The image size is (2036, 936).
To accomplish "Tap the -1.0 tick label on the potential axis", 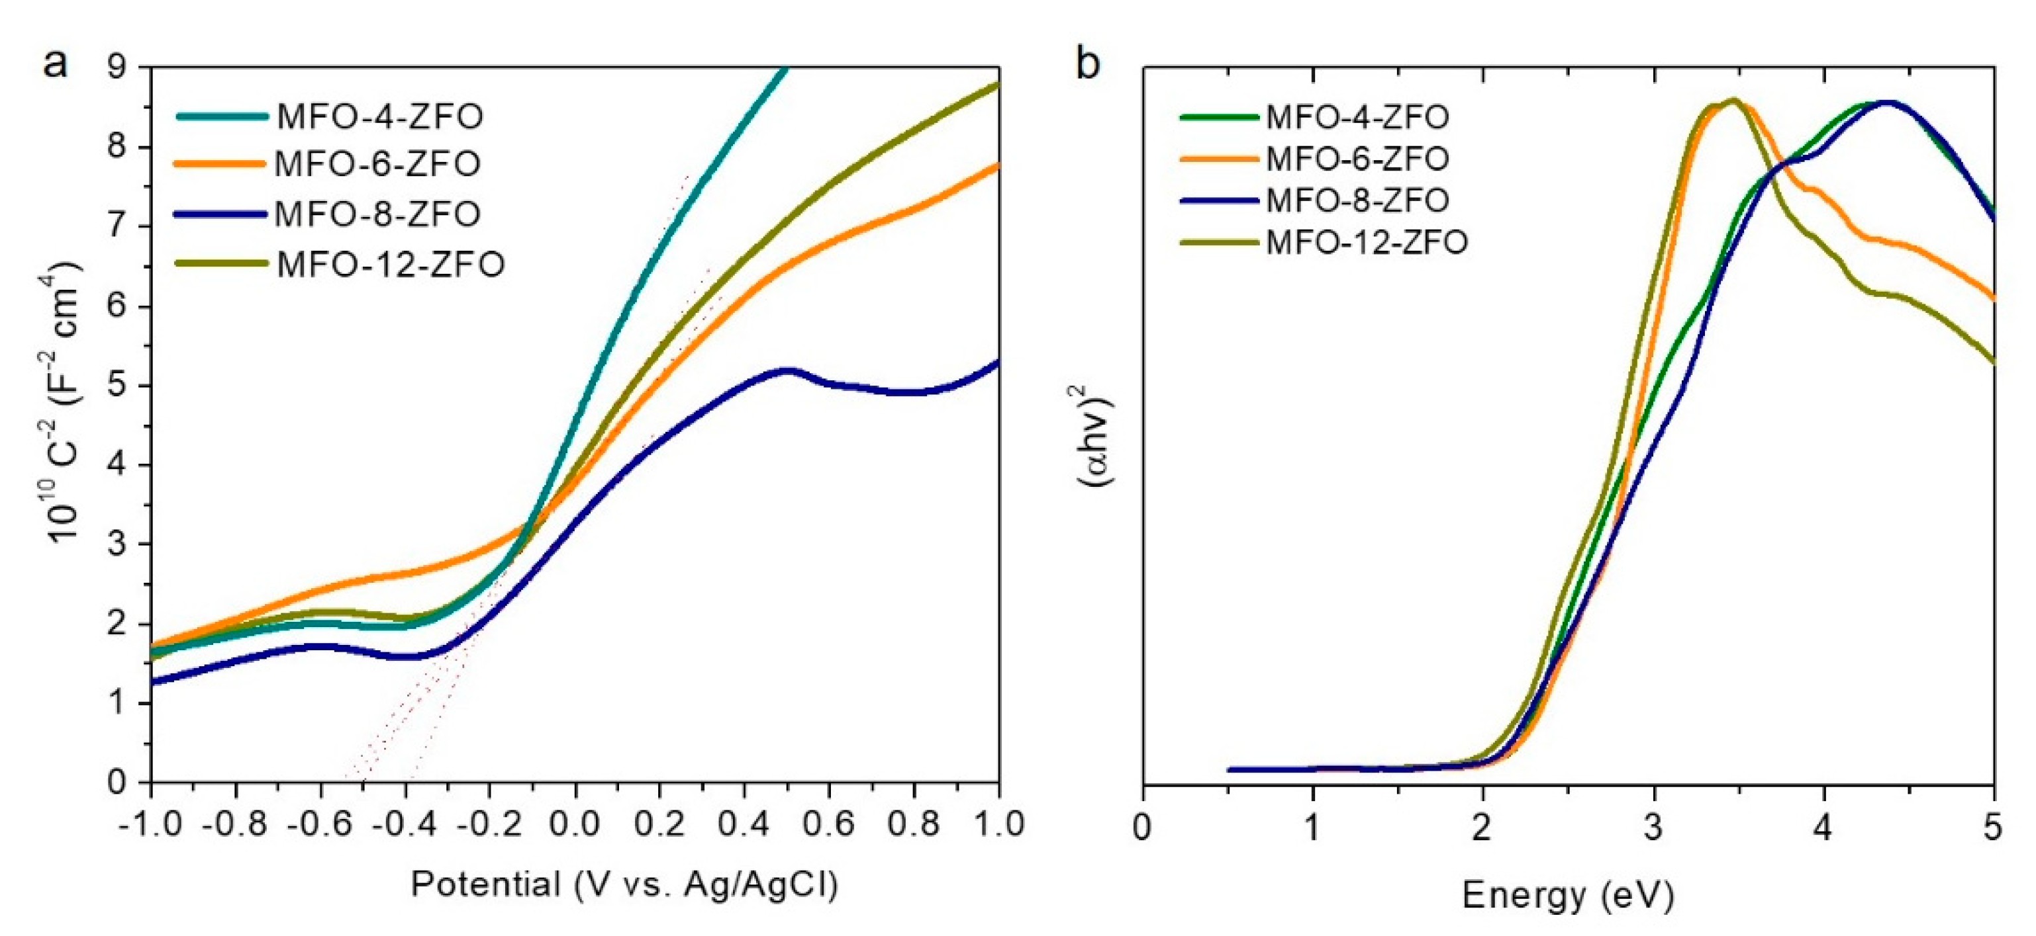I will point(150,825).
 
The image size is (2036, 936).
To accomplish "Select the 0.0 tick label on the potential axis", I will point(575,825).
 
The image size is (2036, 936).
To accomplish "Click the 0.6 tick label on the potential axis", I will point(829,825).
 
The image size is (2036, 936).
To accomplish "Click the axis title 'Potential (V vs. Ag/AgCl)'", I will point(624,884).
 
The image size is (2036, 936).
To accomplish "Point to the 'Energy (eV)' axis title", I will point(1567,896).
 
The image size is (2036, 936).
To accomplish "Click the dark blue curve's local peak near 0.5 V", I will point(787,370).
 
